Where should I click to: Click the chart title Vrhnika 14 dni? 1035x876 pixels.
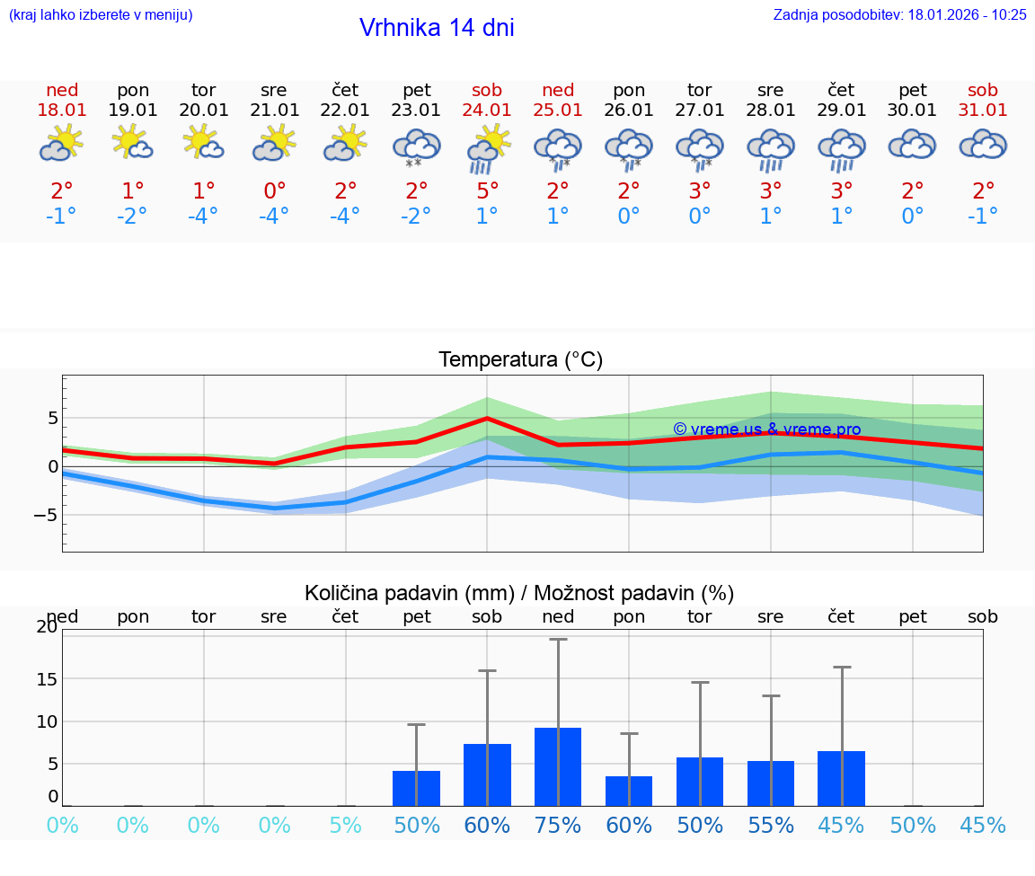pos(437,28)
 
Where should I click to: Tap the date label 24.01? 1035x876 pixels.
pos(487,110)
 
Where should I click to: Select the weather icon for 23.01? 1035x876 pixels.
pos(416,147)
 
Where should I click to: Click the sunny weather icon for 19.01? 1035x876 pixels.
pos(132,143)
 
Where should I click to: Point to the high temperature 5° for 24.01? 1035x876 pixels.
pos(487,190)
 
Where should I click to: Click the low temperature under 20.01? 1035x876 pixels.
pos(204,216)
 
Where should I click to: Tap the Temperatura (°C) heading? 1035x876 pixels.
pos(520,360)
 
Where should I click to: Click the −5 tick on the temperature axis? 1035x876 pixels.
pos(46,516)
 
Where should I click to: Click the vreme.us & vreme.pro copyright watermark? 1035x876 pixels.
pos(766,429)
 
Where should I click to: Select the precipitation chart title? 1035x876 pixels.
pos(519,593)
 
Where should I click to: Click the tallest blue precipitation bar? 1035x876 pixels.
pos(558,766)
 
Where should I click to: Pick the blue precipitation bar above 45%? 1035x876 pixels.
pos(842,778)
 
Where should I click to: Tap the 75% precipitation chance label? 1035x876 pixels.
pos(558,825)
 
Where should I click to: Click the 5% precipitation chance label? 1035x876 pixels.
pos(345,825)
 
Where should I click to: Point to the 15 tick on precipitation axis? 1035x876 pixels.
pos(48,678)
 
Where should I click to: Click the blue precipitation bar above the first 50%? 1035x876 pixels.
pos(416,788)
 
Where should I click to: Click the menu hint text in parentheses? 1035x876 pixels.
pos(101,14)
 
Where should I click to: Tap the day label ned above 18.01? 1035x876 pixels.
pos(62,90)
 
